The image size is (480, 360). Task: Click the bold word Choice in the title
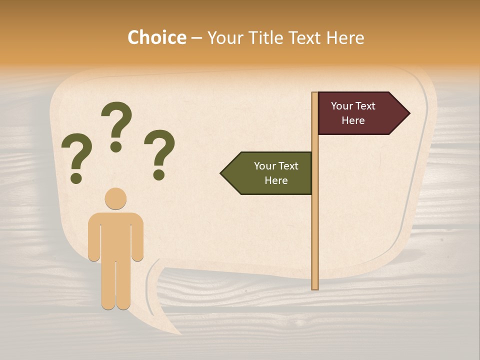coord(156,37)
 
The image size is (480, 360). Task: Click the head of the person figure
coord(115,198)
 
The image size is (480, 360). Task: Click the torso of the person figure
coord(115,235)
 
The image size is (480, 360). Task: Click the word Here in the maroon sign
coord(353,120)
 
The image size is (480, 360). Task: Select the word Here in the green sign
coord(276,180)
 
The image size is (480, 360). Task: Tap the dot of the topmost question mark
coord(116,146)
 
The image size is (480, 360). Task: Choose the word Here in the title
coord(345,37)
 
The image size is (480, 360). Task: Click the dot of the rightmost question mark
coord(159,174)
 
